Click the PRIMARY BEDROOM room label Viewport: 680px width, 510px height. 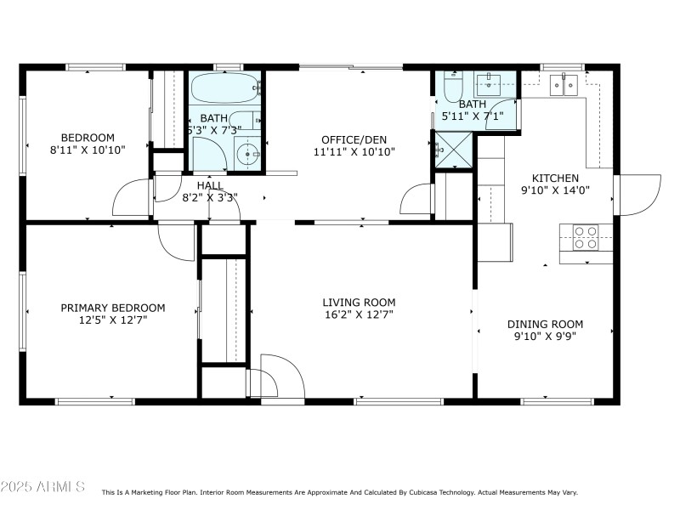click(113, 308)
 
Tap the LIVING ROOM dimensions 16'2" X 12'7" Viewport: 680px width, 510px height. click(359, 314)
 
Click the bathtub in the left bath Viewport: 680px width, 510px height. click(224, 88)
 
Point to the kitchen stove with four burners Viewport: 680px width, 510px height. click(586, 237)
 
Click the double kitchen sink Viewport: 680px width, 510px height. click(563, 83)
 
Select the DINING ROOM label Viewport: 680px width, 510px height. click(545, 324)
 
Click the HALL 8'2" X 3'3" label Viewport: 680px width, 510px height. click(210, 191)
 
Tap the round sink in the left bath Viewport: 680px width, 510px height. click(246, 154)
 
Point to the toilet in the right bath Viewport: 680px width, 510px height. click(450, 88)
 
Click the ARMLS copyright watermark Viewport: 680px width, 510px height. click(42, 487)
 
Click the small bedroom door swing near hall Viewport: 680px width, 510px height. click(132, 197)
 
